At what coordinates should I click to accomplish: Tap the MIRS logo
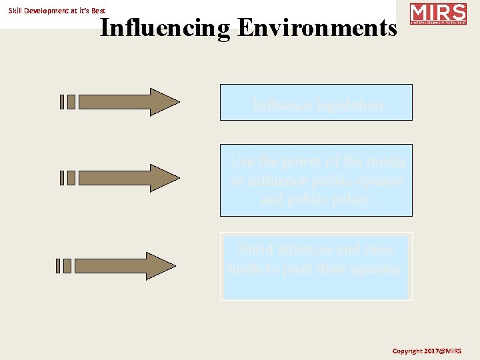point(437,14)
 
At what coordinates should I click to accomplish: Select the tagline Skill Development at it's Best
point(57,11)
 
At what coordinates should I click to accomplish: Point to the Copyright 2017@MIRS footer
point(427,351)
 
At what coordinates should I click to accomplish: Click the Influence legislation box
point(316,102)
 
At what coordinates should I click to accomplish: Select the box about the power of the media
point(316,180)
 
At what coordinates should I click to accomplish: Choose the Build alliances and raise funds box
point(316,266)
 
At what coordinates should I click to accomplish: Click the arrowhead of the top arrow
point(164,102)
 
